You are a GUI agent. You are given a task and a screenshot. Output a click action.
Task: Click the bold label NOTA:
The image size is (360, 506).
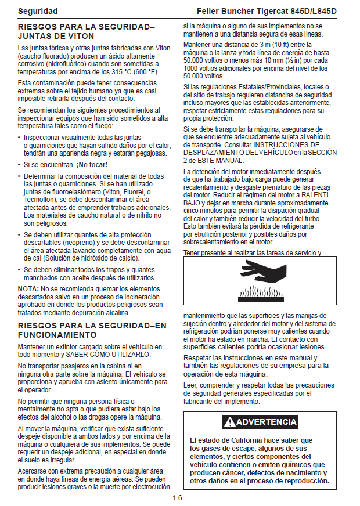coord(28,288)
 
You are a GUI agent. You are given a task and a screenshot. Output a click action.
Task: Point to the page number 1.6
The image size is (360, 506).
coord(178,497)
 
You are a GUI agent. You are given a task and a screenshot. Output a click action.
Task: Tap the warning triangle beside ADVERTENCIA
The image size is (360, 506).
coord(231,422)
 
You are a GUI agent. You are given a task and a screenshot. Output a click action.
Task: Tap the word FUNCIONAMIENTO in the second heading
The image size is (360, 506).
coord(57,335)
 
